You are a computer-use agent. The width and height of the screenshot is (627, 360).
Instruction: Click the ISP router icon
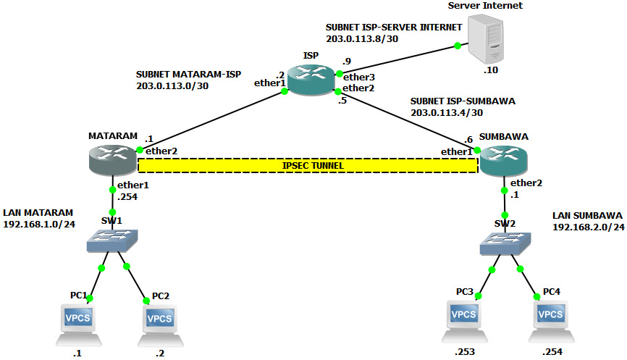click(311, 79)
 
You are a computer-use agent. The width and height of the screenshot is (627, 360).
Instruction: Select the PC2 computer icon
click(159, 323)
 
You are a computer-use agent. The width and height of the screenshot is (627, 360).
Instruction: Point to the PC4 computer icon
click(550, 319)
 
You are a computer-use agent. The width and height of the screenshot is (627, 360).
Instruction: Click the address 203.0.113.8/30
click(361, 39)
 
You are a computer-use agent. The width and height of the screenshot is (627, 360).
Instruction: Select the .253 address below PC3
click(464, 352)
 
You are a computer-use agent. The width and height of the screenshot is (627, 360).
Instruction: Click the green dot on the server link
click(458, 46)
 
